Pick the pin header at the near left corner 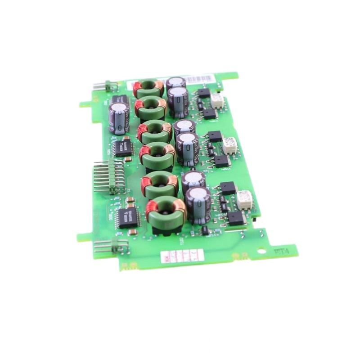pyautogui.click(x=110, y=245)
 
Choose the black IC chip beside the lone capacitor pyautogui.click(x=122, y=147)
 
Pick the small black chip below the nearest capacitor pyautogui.click(x=205, y=230)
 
